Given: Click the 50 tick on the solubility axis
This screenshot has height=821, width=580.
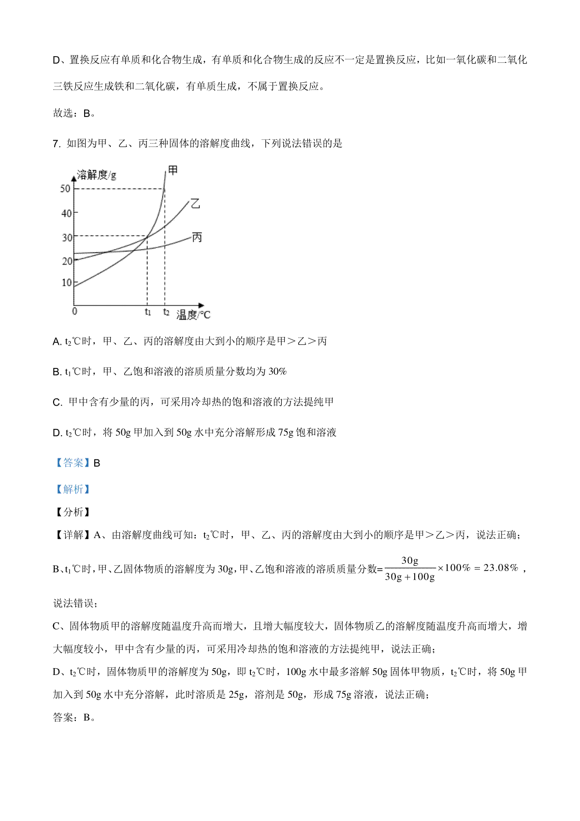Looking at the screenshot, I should (65, 189).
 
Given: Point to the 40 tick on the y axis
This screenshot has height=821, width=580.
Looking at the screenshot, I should (66, 213).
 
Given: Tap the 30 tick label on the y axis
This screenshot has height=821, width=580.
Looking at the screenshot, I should (66, 237).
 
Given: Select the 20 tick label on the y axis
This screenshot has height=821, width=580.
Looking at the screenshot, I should (66, 261).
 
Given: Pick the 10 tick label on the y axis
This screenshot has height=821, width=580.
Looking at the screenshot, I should (66, 282).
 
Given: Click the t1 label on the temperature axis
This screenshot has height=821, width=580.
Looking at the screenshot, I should (147, 312).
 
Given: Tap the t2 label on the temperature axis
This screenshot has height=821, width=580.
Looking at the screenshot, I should (166, 312).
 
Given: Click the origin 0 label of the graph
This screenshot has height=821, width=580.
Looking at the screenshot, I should (74, 311).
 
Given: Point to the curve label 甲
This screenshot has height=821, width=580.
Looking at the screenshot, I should (173, 170).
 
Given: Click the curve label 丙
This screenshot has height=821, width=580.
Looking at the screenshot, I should (197, 237).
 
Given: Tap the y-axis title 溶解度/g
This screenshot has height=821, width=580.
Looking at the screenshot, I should (97, 175).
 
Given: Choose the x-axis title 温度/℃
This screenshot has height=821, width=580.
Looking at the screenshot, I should (193, 315).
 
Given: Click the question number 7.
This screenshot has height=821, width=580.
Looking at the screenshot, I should (56, 144).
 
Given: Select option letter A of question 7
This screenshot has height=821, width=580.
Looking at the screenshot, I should (56, 342).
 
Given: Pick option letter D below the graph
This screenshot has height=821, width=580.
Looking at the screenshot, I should (57, 433).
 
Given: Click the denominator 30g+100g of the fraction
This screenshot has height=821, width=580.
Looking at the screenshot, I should (409, 577).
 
